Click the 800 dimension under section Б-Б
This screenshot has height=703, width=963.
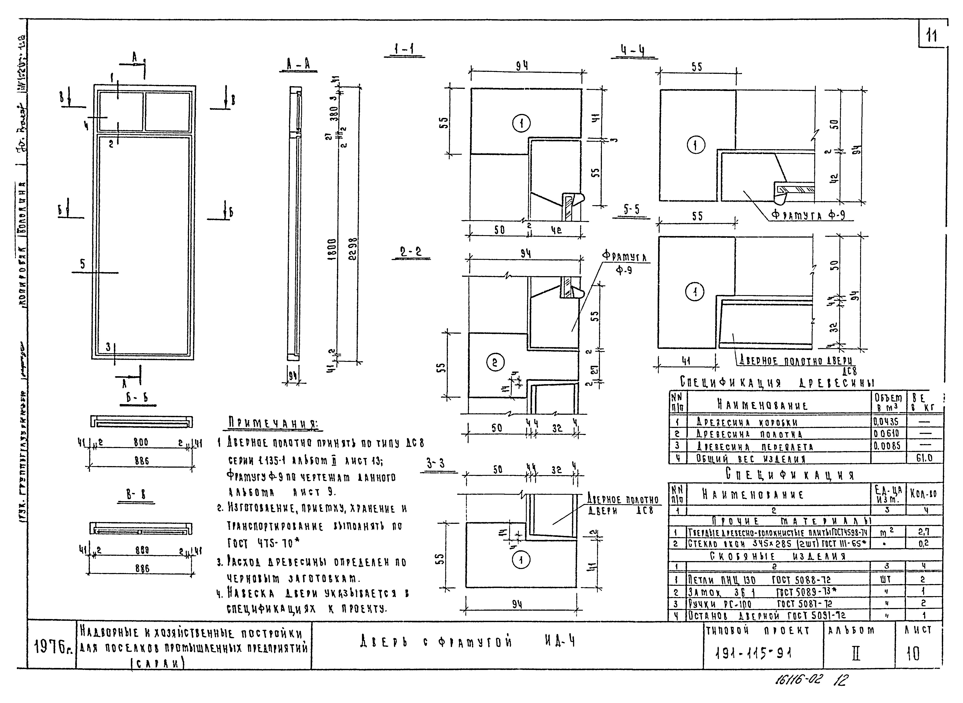(x=141, y=442)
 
